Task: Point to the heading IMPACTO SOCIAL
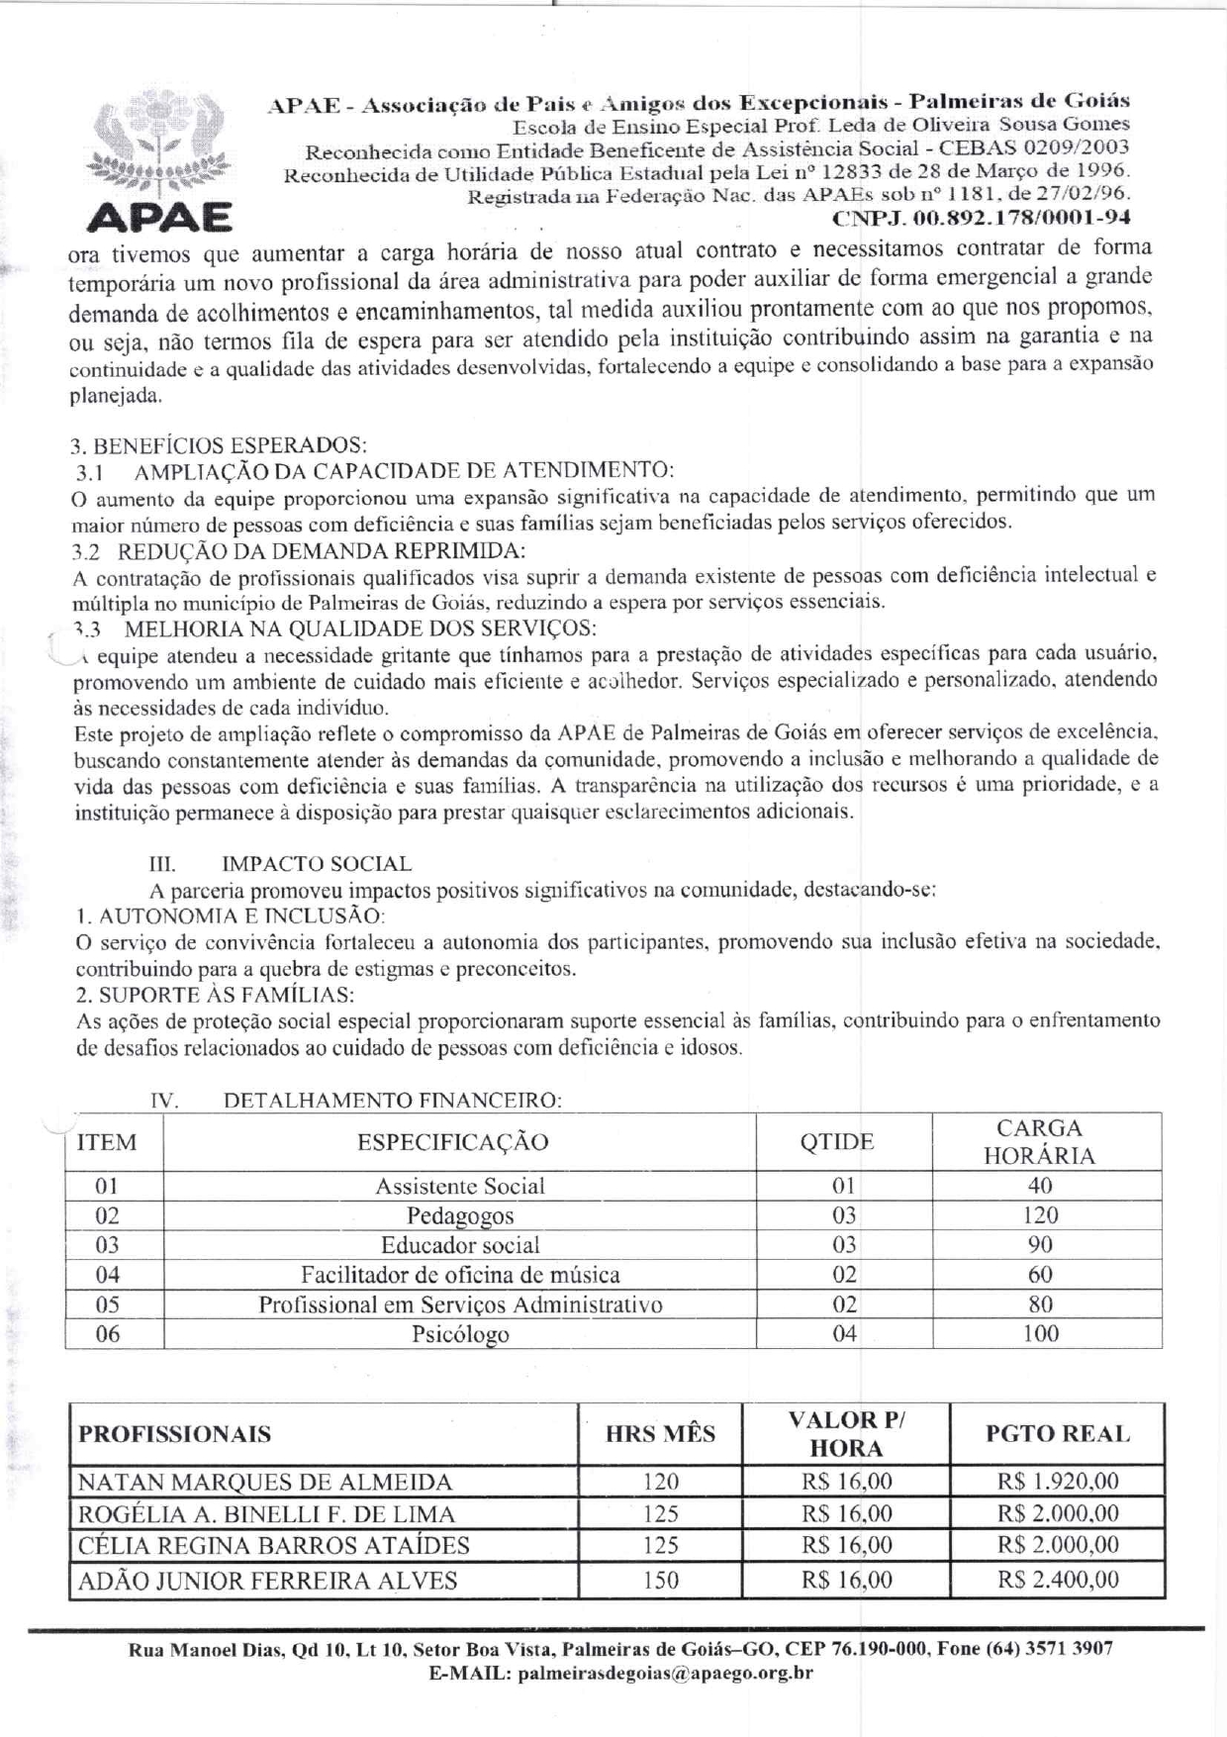[317, 864]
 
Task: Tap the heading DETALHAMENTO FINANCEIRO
[393, 1101]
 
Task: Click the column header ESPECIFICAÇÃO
[453, 1142]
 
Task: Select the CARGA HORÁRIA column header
[1039, 1142]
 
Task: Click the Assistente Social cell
[460, 1186]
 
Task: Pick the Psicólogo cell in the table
[460, 1334]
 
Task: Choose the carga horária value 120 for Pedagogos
[1040, 1215]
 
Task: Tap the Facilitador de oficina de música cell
[460, 1275]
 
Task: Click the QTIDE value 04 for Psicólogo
[844, 1334]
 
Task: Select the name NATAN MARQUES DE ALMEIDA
[265, 1482]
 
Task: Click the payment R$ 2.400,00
[1058, 1581]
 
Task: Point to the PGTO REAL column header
[1058, 1434]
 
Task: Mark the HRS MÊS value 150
[660, 1581]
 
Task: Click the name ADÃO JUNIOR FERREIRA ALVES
[268, 1581]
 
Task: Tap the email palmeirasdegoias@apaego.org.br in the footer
[665, 1674]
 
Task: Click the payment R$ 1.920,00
[1058, 1482]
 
